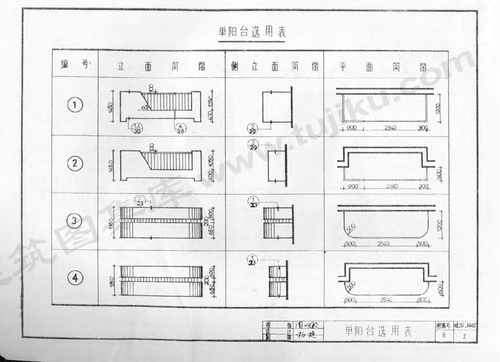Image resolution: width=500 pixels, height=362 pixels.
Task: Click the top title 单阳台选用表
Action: [252, 32]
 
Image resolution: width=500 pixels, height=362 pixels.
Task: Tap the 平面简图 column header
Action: [379, 66]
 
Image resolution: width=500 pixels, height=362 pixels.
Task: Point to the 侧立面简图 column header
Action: [274, 66]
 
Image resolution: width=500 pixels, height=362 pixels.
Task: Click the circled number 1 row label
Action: [75, 104]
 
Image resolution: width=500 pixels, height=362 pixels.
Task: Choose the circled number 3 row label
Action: [74, 221]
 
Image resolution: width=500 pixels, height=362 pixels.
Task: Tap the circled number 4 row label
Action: [75, 278]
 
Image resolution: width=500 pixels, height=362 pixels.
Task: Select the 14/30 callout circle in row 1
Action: [137, 128]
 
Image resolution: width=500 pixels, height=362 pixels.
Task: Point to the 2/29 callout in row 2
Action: [253, 145]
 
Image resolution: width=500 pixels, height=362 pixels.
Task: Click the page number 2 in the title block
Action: [464, 337]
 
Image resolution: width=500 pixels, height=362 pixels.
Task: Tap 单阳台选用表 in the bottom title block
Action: [378, 332]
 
